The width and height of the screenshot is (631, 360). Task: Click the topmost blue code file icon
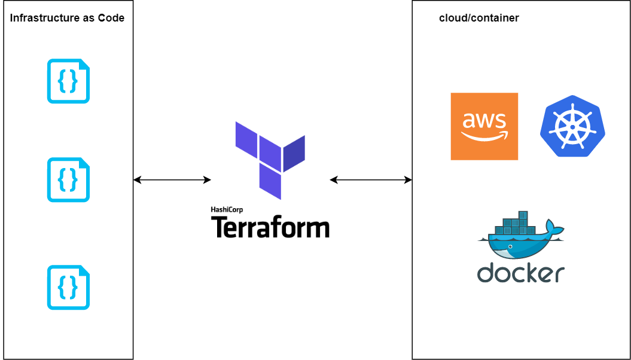click(68, 81)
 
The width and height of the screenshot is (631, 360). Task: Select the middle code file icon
click(68, 179)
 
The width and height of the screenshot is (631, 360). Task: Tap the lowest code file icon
click(68, 288)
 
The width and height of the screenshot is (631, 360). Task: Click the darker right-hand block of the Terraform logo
click(294, 153)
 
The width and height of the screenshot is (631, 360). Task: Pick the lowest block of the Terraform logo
click(270, 181)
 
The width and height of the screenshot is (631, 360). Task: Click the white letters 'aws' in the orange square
click(484, 121)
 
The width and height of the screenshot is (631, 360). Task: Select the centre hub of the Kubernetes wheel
click(572, 127)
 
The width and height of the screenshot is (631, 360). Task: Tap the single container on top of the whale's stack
click(523, 215)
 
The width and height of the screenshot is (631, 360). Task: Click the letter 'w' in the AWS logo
click(484, 121)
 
